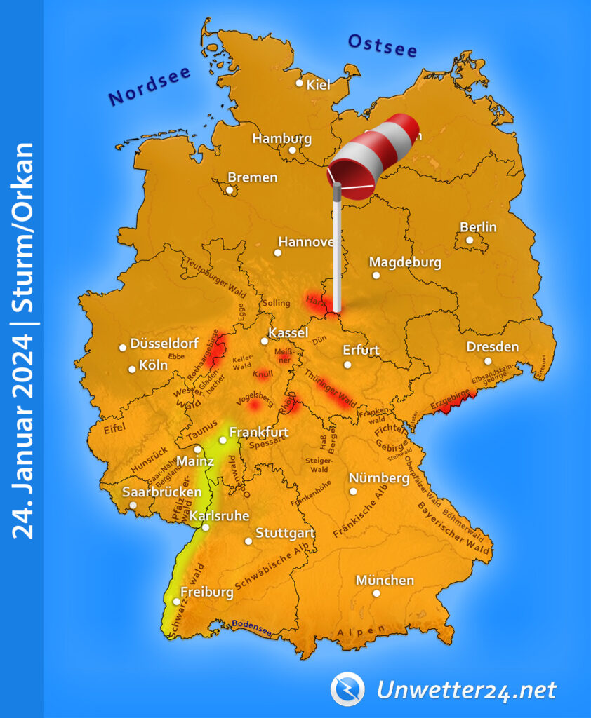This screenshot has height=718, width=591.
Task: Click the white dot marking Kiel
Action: click(300, 83)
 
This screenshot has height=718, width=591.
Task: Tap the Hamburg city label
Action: click(281, 138)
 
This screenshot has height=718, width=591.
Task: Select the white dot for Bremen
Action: click(230, 189)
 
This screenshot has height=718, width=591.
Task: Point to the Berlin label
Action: click(478, 226)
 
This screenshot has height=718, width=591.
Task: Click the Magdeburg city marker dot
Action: click(376, 276)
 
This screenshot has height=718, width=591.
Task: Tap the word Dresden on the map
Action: click(493, 346)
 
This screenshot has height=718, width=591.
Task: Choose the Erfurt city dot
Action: click(347, 365)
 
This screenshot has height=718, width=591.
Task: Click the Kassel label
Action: click(288, 332)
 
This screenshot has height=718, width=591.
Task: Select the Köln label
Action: click(153, 365)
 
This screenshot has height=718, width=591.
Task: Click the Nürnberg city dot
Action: click(353, 492)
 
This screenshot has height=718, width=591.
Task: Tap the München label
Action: click(385, 580)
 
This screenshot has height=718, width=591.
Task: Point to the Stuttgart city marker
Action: click(248, 541)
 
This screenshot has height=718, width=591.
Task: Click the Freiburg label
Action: click(207, 592)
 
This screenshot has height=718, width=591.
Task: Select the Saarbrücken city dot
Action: click(133, 505)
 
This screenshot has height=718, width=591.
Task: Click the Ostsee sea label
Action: click(383, 46)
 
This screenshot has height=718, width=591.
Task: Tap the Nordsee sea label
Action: click(150, 88)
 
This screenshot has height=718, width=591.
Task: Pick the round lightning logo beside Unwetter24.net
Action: click(347, 689)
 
